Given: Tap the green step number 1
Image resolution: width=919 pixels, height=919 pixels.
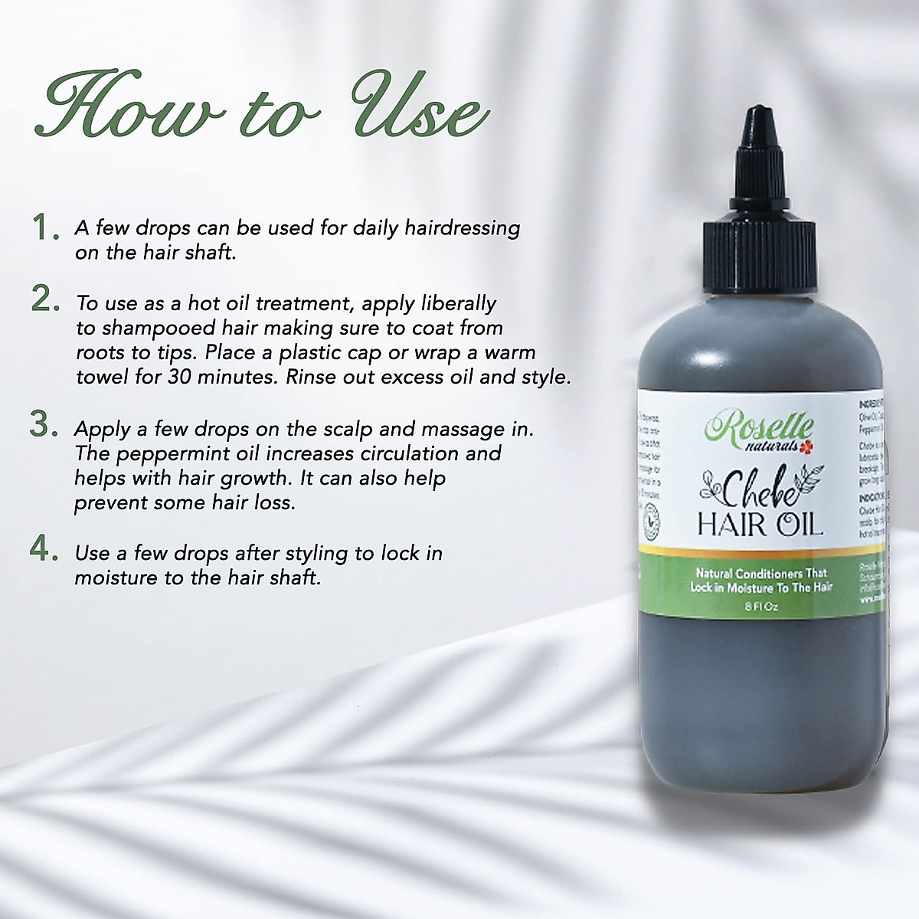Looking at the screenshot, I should [44, 227].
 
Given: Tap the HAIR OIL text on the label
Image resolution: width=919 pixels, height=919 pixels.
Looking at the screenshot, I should [759, 525].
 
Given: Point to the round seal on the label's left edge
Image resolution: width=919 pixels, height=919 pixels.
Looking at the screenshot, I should [652, 521].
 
